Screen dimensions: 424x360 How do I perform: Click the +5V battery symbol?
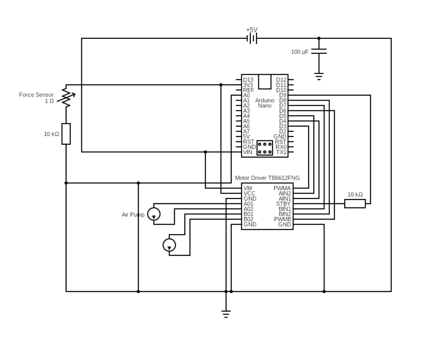pos(252,38)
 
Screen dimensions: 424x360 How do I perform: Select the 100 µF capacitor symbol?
pos(319,51)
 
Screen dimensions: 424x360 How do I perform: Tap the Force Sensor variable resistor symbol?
pos(66,97)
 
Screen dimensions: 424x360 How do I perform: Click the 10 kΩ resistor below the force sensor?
pos(66,134)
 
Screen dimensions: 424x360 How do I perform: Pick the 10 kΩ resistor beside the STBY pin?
pos(355,204)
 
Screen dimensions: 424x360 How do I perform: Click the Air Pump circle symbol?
pos(154,214)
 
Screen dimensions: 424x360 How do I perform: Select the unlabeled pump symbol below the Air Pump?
pos(169,245)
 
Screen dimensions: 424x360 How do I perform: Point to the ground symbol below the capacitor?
pos(319,76)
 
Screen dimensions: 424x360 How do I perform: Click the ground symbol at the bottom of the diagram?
pos(226,314)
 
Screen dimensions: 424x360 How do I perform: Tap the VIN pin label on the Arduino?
pos(247,152)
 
